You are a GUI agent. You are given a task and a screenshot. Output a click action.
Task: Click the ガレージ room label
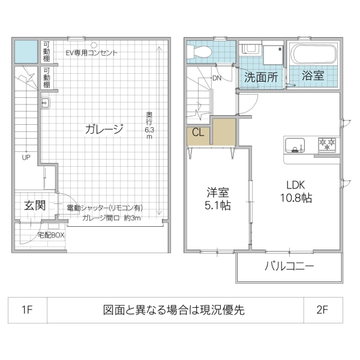pyautogui.click(x=104, y=128)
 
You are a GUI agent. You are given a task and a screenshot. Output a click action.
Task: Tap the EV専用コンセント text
pyautogui.click(x=91, y=53)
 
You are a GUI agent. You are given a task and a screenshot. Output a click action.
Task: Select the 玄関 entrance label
pyautogui.click(x=35, y=205)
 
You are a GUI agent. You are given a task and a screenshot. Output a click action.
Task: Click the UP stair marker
pyautogui.click(x=26, y=158)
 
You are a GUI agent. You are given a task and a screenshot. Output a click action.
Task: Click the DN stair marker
pyautogui.click(x=217, y=78)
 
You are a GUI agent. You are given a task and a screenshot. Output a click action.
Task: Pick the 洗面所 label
pyautogui.click(x=260, y=77)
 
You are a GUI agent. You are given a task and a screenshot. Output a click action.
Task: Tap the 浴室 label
pyautogui.click(x=313, y=76)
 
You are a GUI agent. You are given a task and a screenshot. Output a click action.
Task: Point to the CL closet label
pyautogui.click(x=198, y=133)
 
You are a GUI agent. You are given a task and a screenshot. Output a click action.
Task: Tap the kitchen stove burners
pyautogui.click(x=327, y=144)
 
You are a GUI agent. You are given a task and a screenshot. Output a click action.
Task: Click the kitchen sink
pyautogui.click(x=294, y=145)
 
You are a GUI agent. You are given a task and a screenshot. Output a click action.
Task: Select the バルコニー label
pyautogui.click(x=290, y=267)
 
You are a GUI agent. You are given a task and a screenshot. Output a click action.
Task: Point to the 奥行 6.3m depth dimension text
pyautogui.click(x=148, y=125)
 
